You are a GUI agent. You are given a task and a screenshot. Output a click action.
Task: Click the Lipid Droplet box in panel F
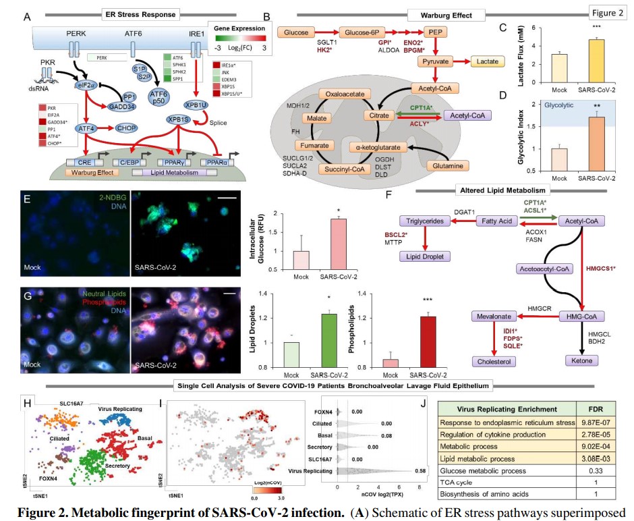pos(425,256)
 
